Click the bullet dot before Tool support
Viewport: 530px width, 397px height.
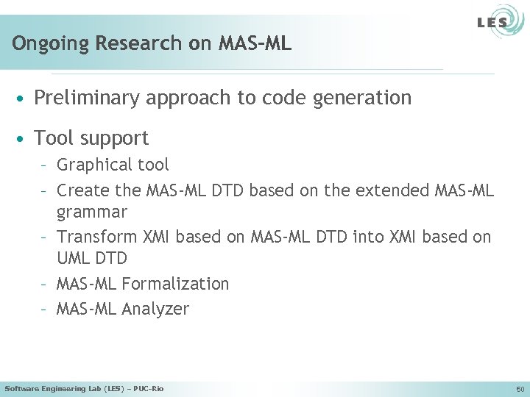coord(24,138)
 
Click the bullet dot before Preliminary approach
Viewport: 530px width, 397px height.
coord(24,98)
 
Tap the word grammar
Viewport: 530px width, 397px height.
coord(92,213)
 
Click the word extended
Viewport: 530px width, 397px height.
coord(387,190)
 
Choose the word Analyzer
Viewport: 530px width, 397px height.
coord(155,309)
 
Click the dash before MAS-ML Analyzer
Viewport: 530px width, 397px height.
coord(45,309)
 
